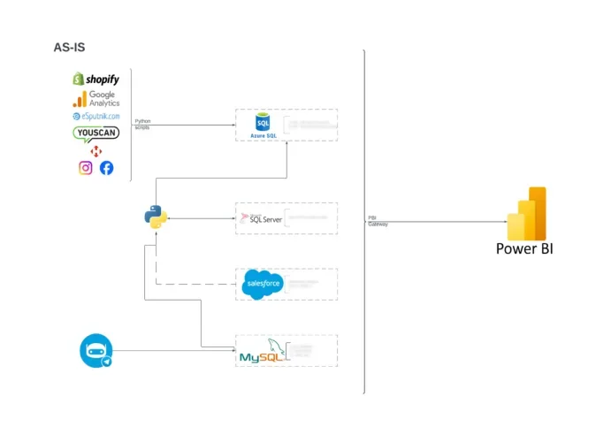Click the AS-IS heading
click(x=70, y=47)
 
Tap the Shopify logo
click(x=95, y=80)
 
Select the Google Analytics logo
click(x=96, y=98)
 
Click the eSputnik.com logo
click(x=95, y=116)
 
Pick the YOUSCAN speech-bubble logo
click(x=95, y=133)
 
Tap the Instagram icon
click(x=86, y=168)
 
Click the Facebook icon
click(x=106, y=168)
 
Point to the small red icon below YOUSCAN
click(x=95, y=151)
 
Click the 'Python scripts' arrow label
click(x=142, y=124)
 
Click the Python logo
click(x=157, y=217)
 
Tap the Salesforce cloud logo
click(x=262, y=284)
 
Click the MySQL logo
click(x=263, y=354)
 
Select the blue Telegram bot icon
click(x=95, y=351)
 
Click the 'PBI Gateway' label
click(x=378, y=221)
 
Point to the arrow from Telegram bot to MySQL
click(x=172, y=352)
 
